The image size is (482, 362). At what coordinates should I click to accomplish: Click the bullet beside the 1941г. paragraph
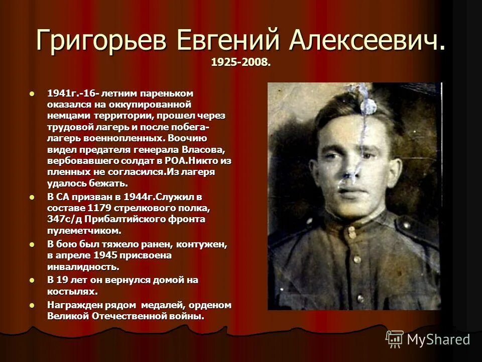point(33,94)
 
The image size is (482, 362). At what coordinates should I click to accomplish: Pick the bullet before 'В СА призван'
point(33,197)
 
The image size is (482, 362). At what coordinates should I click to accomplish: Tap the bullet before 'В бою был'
point(33,244)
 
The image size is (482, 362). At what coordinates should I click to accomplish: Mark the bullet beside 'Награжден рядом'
point(33,305)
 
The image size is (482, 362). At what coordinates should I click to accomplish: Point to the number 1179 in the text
point(99,208)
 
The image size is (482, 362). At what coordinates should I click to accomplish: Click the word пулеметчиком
point(84,231)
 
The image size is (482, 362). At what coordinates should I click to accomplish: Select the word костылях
point(72,291)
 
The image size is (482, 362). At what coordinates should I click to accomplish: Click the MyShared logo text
point(438,339)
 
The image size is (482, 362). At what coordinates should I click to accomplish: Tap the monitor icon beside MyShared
point(395,339)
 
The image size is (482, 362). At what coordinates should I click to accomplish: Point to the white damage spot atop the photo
point(366,107)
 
